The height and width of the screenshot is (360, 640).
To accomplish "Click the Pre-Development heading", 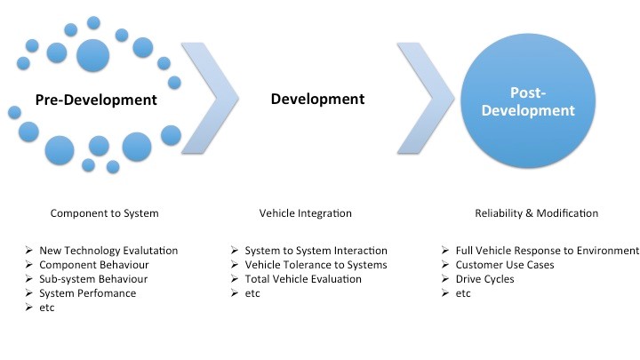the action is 96,100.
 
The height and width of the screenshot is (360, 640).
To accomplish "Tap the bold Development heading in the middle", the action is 317,99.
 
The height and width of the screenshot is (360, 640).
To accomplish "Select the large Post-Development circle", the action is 528,100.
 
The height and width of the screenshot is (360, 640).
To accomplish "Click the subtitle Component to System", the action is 105,213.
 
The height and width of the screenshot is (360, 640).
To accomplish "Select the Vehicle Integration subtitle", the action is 305,213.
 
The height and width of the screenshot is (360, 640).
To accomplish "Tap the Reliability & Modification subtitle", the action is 536,213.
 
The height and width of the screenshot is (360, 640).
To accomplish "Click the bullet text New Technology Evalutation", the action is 108,250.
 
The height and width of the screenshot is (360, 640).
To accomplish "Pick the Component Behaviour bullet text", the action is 94,265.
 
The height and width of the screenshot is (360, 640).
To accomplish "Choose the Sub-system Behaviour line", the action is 93,279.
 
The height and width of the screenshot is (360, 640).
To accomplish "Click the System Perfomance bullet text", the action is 88,293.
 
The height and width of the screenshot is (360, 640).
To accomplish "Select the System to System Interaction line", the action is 316,250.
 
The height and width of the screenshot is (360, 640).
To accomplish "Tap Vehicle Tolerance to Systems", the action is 316,265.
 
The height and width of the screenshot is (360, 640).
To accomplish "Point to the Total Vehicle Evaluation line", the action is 303,279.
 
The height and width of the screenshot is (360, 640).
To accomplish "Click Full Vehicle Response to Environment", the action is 548,250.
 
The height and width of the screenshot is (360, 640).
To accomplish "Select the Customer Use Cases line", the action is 505,265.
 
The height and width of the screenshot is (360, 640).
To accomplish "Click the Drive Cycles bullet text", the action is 485,279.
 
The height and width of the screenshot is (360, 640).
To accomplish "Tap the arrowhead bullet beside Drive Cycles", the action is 445,279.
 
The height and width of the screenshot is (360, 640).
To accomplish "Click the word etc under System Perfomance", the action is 47,308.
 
